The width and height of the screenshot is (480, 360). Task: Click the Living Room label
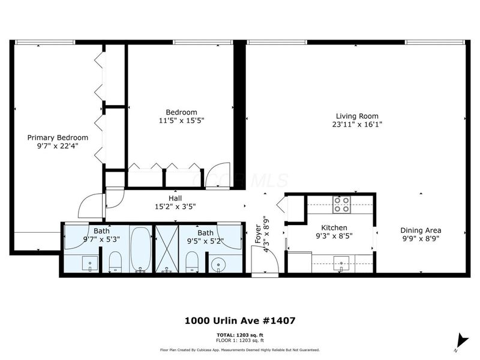[x=356, y=116]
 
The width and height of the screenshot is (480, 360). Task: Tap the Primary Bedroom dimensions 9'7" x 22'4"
[x=58, y=146]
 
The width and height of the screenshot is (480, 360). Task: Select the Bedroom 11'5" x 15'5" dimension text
[x=181, y=121]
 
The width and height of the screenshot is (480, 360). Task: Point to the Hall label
[x=175, y=199]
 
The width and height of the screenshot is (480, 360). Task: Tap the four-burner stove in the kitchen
[x=341, y=205]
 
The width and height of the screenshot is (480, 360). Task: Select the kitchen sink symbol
[x=341, y=262]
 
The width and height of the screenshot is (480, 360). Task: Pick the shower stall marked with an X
[x=166, y=249]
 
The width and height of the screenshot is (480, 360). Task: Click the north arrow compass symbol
[x=460, y=340]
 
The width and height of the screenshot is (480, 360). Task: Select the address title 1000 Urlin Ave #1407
[x=239, y=321]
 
